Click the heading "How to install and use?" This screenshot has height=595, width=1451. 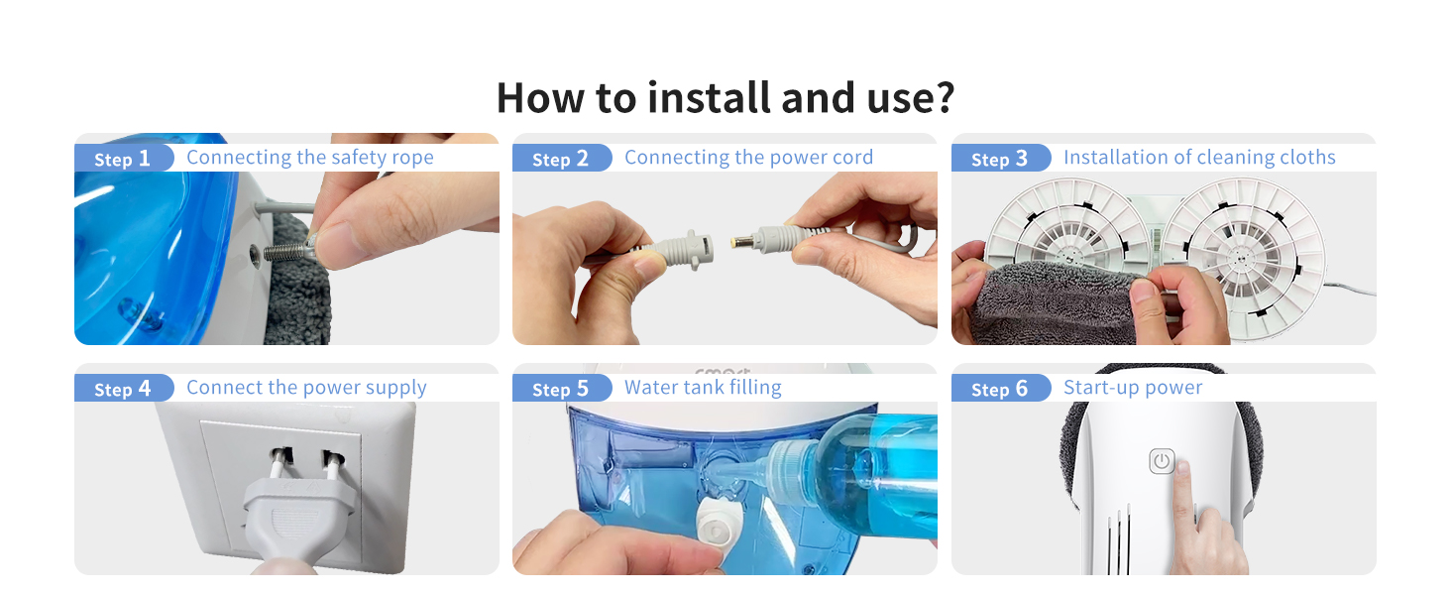(725, 98)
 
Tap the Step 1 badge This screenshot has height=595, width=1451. (123, 158)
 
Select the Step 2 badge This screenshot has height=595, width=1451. (561, 158)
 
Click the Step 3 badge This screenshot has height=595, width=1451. (1000, 158)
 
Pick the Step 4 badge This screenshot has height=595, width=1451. (123, 389)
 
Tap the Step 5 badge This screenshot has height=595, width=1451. (561, 389)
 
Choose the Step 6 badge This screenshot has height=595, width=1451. (1000, 389)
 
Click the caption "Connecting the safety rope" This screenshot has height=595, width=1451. (310, 158)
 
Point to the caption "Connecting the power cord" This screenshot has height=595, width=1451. (749, 158)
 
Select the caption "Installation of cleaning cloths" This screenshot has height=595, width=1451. (1199, 158)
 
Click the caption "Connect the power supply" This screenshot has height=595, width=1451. (306, 388)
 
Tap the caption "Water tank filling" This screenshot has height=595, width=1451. (703, 388)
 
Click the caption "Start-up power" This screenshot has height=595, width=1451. (1133, 388)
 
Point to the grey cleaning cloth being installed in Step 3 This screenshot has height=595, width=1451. (1053, 301)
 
